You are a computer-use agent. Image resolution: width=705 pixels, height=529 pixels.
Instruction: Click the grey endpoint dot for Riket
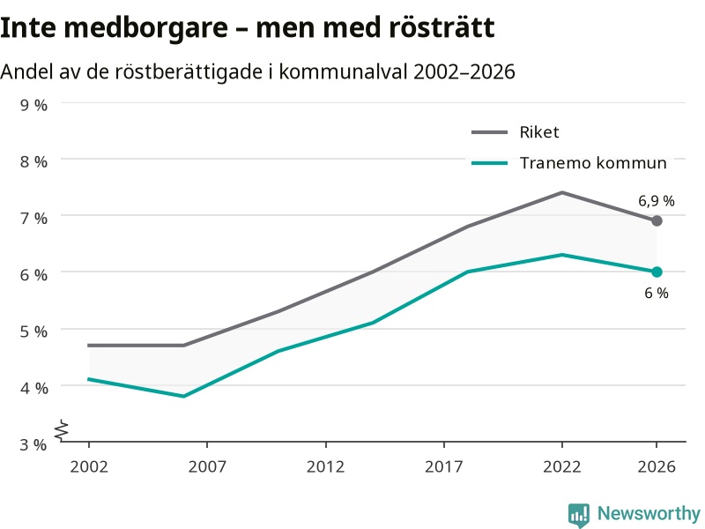(x=657, y=221)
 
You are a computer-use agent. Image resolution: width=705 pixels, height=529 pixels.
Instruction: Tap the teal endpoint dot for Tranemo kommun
(x=657, y=272)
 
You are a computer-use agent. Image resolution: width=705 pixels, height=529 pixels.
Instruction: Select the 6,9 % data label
(x=657, y=201)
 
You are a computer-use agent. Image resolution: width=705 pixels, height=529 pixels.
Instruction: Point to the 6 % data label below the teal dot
(x=657, y=293)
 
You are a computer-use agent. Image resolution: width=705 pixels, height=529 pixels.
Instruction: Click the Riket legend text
(x=539, y=132)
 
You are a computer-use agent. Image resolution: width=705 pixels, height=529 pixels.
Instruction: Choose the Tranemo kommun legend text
(x=593, y=163)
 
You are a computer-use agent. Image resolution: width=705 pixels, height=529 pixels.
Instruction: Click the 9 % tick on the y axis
(x=33, y=105)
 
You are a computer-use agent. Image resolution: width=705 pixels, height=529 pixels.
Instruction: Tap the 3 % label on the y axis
(x=33, y=444)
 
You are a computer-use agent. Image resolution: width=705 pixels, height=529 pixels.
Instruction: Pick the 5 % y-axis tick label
(x=33, y=332)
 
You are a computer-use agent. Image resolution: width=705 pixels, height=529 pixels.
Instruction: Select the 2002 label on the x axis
(x=89, y=466)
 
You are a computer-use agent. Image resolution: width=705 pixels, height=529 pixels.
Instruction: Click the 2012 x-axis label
(x=325, y=466)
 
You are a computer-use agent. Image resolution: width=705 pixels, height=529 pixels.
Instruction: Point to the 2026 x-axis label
(x=657, y=466)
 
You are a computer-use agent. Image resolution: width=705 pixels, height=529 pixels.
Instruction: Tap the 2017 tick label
(x=444, y=466)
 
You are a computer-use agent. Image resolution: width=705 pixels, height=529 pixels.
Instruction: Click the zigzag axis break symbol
(x=62, y=430)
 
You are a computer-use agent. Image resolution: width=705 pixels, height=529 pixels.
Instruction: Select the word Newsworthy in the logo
(x=649, y=513)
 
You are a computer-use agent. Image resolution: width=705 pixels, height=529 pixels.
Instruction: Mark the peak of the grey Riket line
(x=562, y=192)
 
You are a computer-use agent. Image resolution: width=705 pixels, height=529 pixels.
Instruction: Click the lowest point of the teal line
(x=183, y=396)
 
